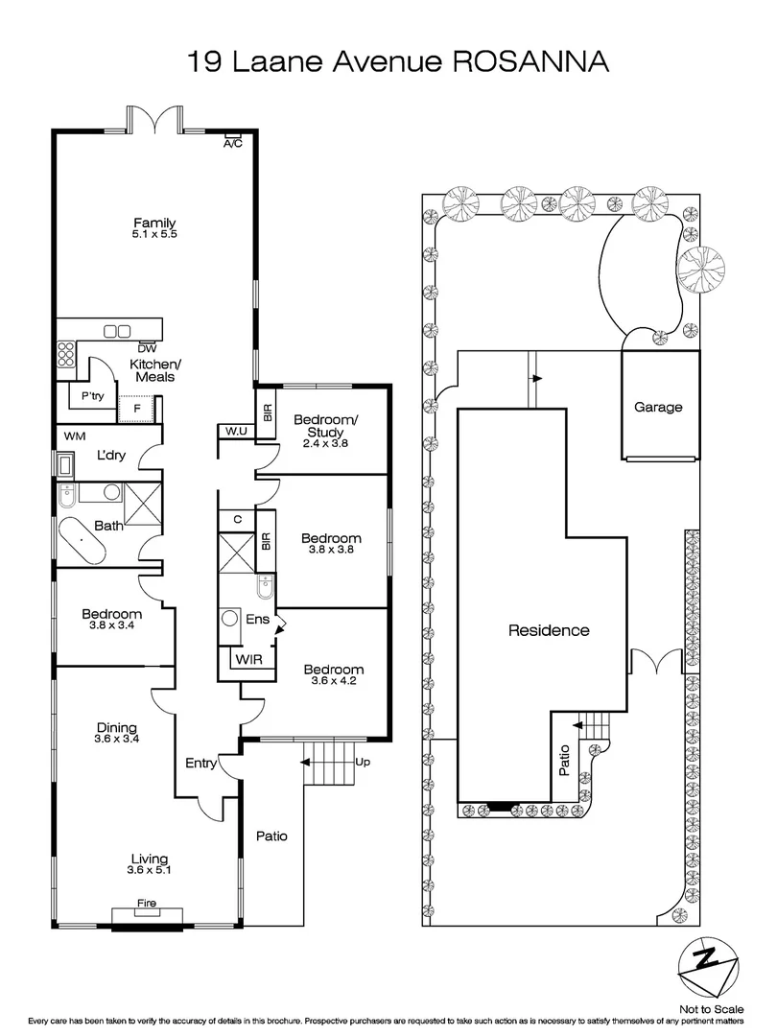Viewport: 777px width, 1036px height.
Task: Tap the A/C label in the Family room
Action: [232, 144]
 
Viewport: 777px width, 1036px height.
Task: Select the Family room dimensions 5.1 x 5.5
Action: [155, 234]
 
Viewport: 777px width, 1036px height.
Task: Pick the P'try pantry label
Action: [92, 395]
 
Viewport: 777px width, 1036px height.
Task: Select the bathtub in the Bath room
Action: [82, 544]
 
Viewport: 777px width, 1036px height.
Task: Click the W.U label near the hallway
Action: [237, 431]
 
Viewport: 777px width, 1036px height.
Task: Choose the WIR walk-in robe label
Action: [247, 661]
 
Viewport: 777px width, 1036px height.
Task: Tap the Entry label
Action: [201, 763]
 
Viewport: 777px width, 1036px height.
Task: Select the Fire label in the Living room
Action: [146, 904]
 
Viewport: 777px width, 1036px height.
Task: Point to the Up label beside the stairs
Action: [363, 762]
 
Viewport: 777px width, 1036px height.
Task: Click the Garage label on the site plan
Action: [658, 407]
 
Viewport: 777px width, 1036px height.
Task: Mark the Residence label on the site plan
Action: [548, 630]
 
